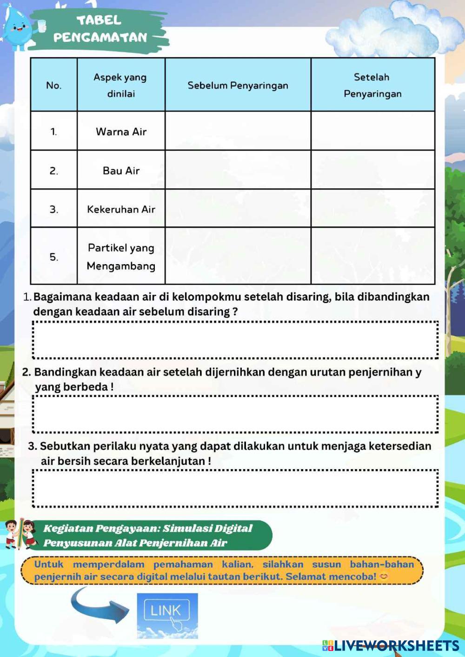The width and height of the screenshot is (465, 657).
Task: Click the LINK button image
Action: (167, 615)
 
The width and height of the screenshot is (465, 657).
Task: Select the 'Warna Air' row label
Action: (121, 132)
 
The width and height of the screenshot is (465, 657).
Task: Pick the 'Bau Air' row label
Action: (121, 171)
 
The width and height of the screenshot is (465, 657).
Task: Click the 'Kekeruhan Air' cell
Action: (121, 209)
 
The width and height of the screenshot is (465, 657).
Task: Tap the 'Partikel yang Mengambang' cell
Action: (121, 257)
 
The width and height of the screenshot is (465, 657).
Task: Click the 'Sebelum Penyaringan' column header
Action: (238, 86)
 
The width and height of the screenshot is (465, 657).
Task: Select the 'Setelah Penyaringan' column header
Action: (372, 85)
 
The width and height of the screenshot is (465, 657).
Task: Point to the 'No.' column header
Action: (54, 86)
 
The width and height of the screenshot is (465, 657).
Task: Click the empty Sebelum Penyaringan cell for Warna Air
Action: (238, 131)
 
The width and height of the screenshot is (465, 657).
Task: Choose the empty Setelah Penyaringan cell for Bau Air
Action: (372, 170)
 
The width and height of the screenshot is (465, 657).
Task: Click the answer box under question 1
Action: (235, 340)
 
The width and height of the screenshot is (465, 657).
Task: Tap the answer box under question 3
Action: (235, 488)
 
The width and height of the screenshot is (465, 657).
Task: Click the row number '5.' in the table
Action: (54, 257)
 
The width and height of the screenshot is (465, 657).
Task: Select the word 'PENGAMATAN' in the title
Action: (100, 37)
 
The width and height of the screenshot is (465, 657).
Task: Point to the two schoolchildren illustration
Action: (21, 534)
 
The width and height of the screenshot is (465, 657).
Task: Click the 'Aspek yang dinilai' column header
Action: (121, 85)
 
